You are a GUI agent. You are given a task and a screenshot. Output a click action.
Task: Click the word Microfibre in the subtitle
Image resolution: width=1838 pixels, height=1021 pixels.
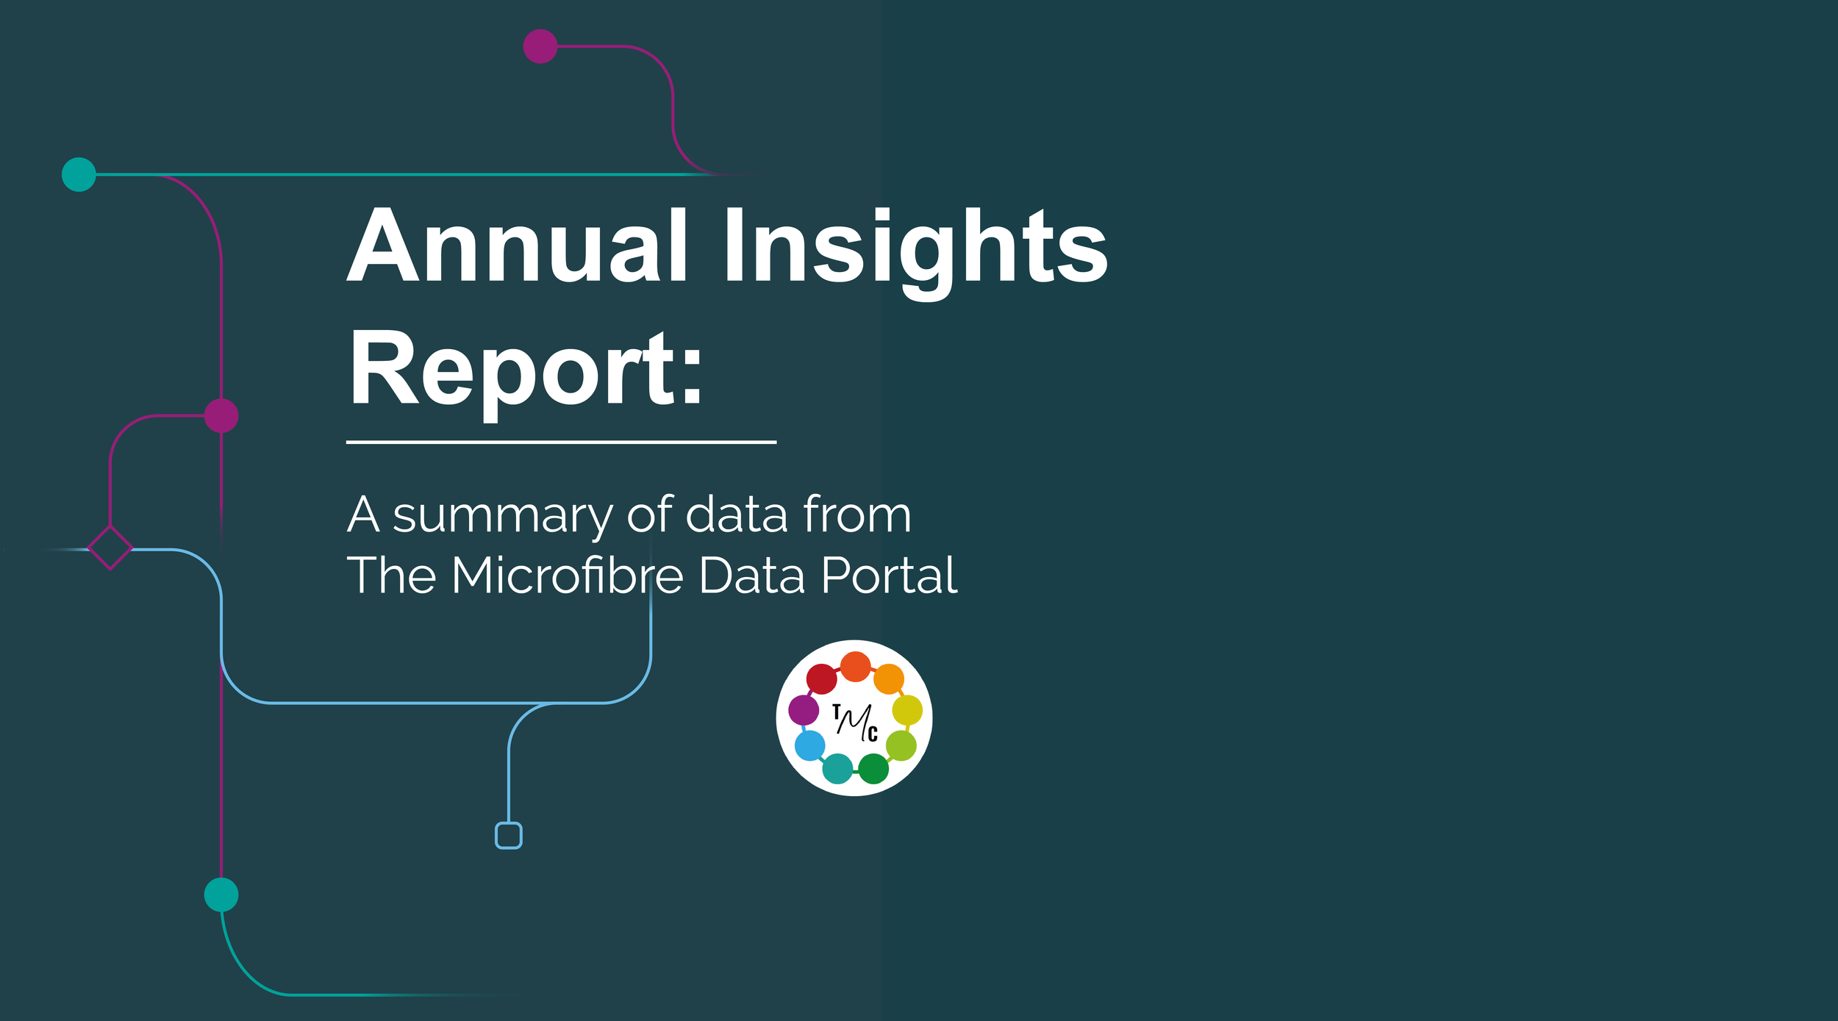click(x=567, y=575)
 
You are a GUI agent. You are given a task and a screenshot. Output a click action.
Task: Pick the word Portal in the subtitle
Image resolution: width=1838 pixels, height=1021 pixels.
click(x=889, y=575)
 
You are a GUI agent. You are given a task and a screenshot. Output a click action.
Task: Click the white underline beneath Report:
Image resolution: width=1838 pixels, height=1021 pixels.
click(x=561, y=443)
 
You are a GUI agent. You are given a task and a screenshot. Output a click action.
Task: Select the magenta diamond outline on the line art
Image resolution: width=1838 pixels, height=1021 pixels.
click(x=110, y=548)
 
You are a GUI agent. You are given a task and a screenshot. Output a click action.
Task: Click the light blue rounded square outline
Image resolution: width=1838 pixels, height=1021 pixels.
click(x=509, y=836)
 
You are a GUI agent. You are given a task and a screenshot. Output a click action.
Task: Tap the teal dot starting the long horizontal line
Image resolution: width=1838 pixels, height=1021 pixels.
click(x=79, y=174)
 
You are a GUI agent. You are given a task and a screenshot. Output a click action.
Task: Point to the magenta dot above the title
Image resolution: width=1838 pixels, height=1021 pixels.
click(x=540, y=46)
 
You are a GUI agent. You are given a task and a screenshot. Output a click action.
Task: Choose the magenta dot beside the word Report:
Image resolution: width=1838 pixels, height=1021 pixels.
click(x=221, y=415)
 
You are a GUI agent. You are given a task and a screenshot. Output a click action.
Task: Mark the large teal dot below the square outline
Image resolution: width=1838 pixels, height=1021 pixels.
click(x=221, y=895)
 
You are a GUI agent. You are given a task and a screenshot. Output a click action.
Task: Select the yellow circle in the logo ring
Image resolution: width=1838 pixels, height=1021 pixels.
click(x=907, y=710)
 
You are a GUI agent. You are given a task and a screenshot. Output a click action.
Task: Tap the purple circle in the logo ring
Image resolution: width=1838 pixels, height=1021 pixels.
click(x=804, y=710)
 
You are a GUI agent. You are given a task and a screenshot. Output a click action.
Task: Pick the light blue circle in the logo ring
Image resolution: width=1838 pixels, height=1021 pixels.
click(x=810, y=746)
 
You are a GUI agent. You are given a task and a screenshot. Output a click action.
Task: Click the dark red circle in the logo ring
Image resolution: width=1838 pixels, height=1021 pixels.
click(x=822, y=678)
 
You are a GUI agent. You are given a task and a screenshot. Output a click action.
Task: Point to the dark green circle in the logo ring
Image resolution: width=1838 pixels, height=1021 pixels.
click(x=873, y=769)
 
